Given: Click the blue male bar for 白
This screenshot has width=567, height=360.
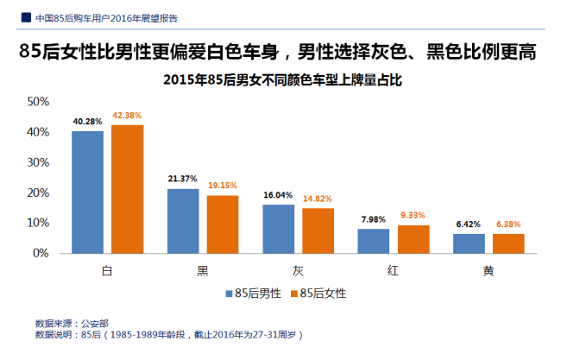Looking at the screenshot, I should pyautogui.click(x=87, y=192).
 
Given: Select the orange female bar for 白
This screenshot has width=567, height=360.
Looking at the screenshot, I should pyautogui.click(x=127, y=189).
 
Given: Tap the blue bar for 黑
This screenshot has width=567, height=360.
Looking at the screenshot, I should pyautogui.click(x=182, y=220).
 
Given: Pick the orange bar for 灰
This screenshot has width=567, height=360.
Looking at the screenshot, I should pyautogui.click(x=318, y=231).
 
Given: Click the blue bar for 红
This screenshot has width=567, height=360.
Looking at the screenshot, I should pyautogui.click(x=373, y=241).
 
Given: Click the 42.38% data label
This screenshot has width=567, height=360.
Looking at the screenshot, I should pyautogui.click(x=127, y=115).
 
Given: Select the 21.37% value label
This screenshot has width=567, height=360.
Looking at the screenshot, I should pyautogui.click(x=182, y=179).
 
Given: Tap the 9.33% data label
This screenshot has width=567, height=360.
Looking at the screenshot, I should pyautogui.click(x=413, y=215).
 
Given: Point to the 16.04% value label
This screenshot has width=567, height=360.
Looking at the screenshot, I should pyautogui.click(x=278, y=195).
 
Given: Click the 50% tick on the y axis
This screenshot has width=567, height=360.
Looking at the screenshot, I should pyautogui.click(x=37, y=102).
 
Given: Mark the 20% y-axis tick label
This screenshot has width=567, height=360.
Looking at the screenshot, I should pyautogui.click(x=37, y=193).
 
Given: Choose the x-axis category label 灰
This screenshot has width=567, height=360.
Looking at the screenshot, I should pyautogui.click(x=298, y=270).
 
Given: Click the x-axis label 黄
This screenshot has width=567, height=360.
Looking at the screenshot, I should pyautogui.click(x=488, y=270).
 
